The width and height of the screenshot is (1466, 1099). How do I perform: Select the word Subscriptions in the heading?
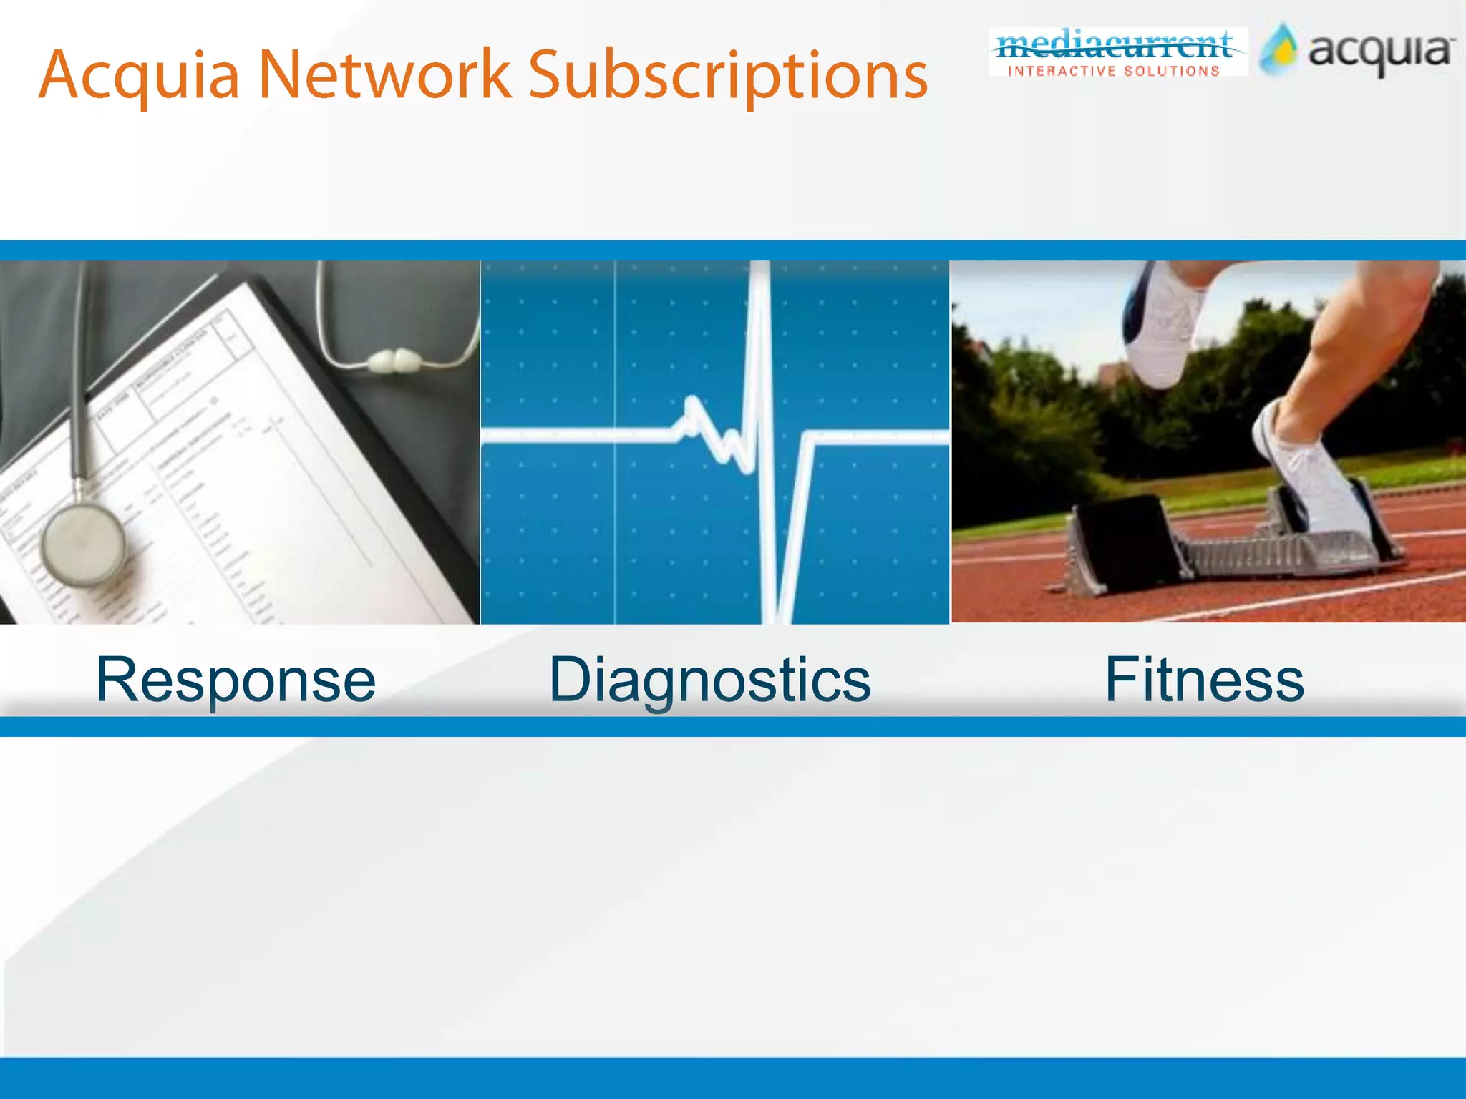727,75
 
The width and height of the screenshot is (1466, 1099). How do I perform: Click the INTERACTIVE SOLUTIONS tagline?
1114,71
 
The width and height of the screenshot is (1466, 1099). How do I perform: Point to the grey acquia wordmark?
1381,52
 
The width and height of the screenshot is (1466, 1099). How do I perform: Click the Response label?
236,679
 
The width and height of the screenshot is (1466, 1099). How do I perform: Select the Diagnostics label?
709,679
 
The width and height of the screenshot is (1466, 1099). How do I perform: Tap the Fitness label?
1204,679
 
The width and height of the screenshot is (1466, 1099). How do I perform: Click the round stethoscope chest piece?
83,544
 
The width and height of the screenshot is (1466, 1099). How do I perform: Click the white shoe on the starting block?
1310,472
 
